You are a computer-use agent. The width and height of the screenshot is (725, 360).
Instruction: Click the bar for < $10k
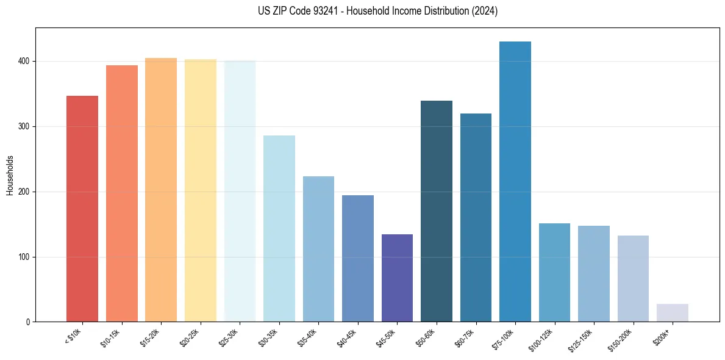point(82,209)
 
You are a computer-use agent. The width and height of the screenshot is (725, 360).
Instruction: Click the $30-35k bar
point(279,229)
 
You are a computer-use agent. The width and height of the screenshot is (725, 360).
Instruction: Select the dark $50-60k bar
point(436,211)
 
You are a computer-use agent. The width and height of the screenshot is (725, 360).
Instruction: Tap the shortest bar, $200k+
point(672,312)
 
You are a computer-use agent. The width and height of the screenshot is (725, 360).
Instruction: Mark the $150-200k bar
point(633,278)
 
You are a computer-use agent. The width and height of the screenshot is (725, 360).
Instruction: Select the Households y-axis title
point(10,175)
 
